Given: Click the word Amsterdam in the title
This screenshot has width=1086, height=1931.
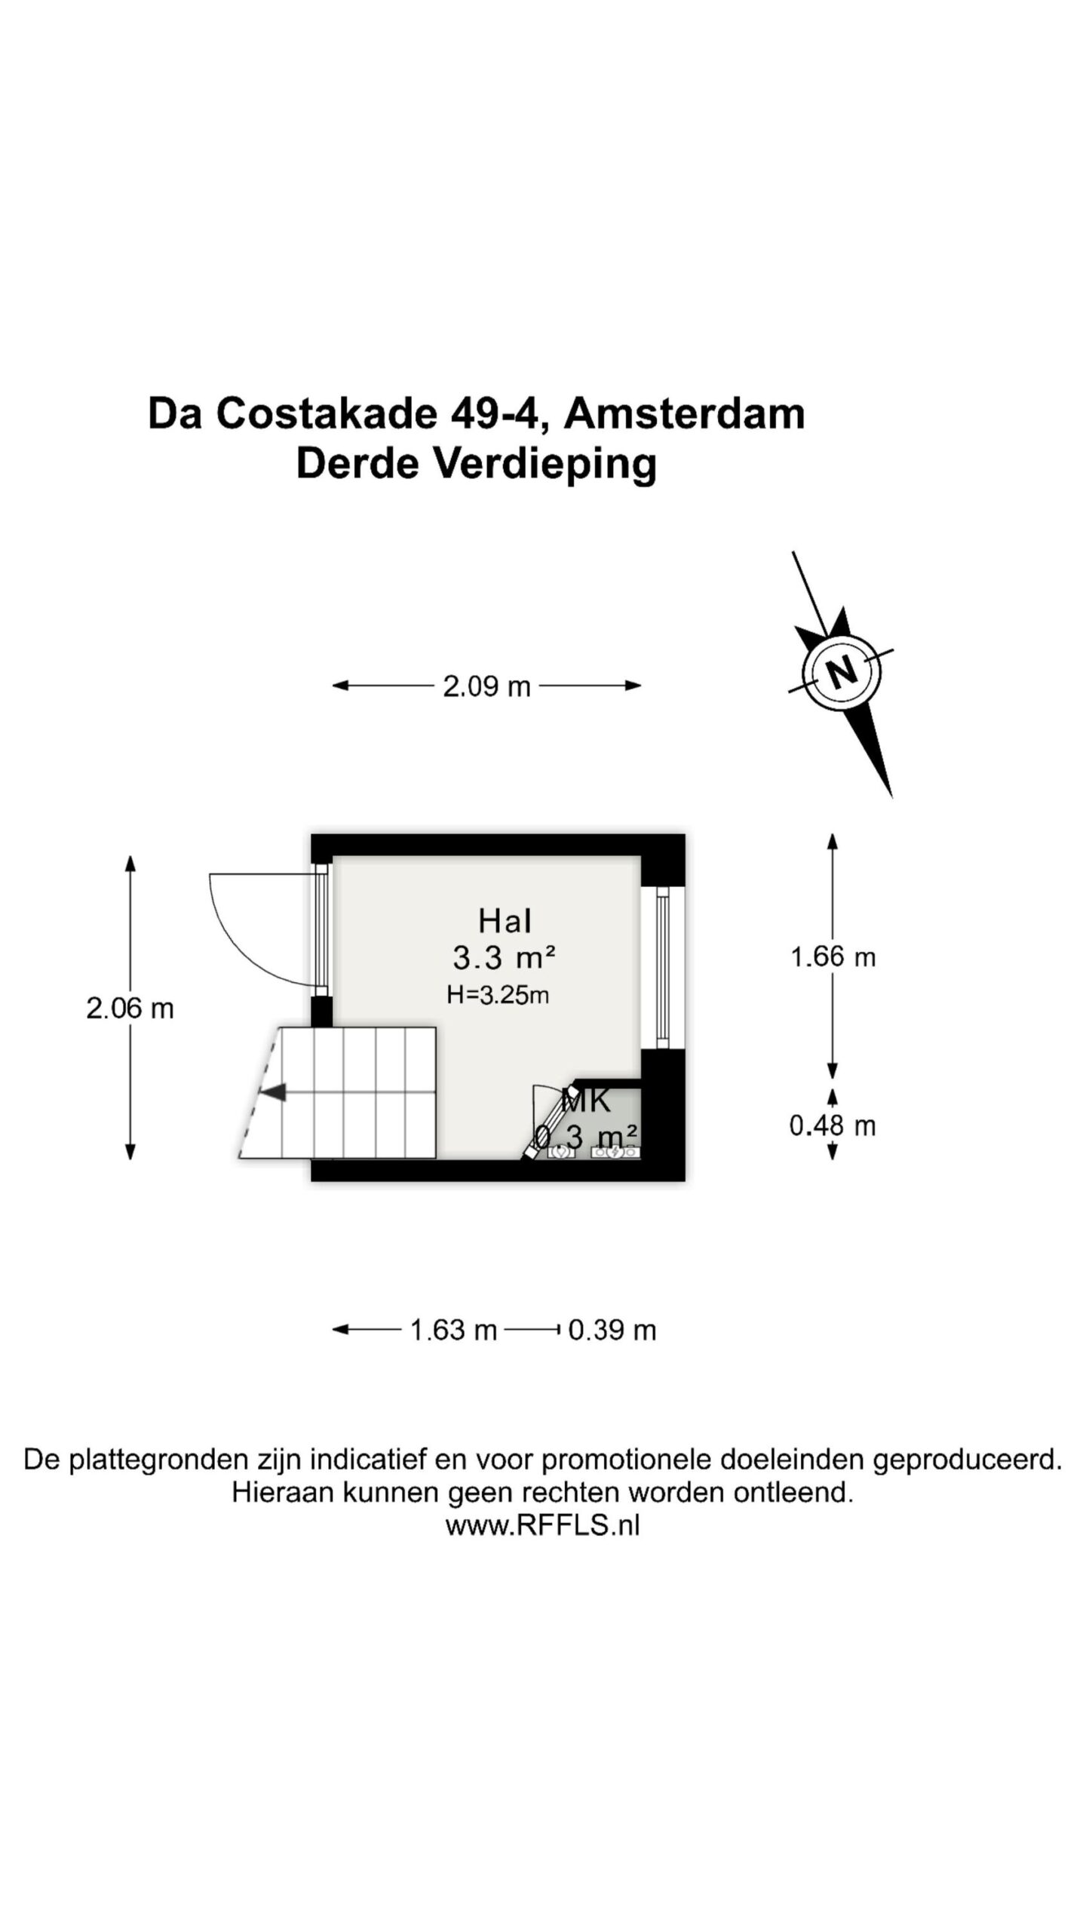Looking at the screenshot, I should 684,414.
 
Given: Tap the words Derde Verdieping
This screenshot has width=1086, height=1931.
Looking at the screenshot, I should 476,464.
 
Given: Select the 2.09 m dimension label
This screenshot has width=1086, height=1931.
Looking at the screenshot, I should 486,686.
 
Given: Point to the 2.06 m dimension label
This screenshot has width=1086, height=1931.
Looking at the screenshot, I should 130,1008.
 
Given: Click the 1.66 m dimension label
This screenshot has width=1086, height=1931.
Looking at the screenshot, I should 833,957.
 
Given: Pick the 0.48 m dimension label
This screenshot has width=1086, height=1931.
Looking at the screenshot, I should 833,1126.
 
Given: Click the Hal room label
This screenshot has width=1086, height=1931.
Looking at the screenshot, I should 505,921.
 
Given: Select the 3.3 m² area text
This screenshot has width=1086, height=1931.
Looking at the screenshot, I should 504,958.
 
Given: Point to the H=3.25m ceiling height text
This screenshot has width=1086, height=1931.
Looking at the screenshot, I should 498,995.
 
